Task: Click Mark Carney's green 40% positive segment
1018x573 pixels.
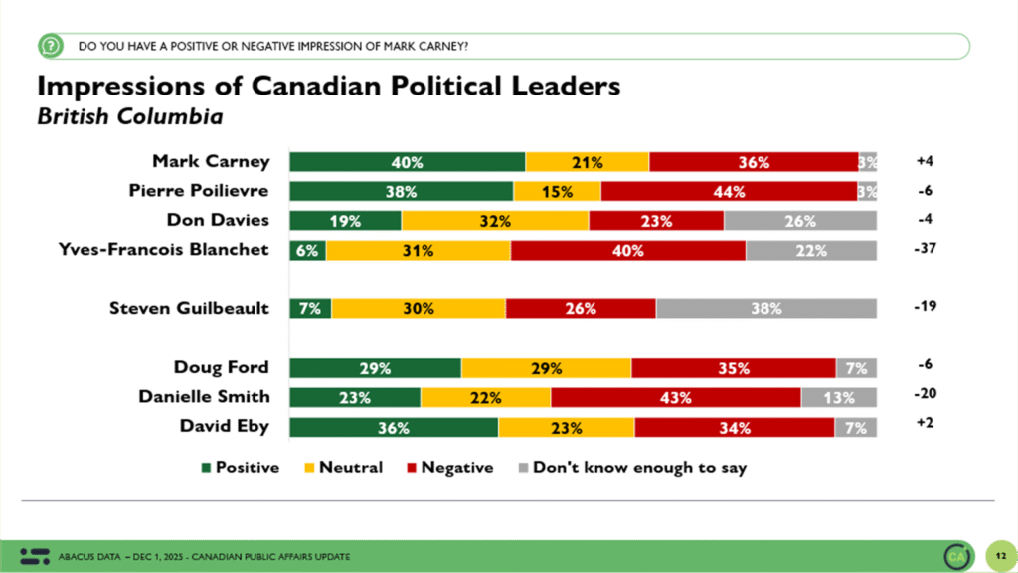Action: click(407, 162)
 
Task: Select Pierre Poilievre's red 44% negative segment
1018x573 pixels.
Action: click(729, 191)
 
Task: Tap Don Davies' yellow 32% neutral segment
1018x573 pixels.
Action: click(494, 221)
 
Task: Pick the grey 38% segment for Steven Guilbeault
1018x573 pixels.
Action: click(765, 308)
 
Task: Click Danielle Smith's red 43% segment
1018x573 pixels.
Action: click(675, 397)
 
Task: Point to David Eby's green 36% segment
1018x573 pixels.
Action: click(394, 427)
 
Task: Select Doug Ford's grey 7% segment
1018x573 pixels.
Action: click(856, 368)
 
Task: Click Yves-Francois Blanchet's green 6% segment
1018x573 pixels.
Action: click(307, 251)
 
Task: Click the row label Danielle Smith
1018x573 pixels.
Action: click(204, 396)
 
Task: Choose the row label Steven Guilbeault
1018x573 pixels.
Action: click(189, 308)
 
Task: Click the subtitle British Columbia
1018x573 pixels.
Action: click(129, 116)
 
